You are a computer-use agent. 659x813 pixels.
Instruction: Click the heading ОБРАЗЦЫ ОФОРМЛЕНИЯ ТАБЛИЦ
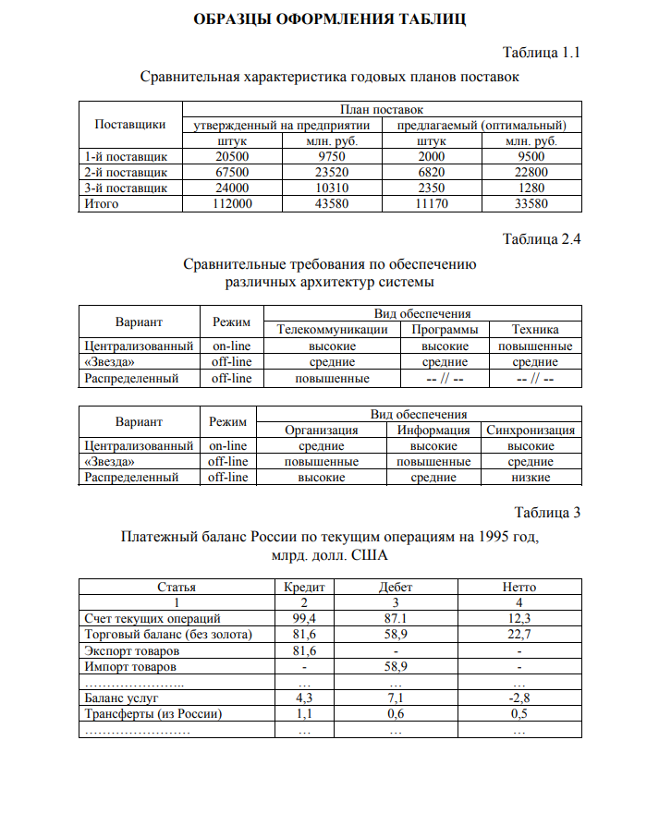tap(330, 18)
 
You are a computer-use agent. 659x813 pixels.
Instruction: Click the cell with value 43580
tap(332, 204)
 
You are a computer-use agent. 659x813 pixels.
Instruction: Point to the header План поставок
tap(382, 109)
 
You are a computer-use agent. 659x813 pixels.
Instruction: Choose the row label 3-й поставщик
tap(126, 188)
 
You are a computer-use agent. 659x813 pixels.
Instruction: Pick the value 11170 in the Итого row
tap(432, 204)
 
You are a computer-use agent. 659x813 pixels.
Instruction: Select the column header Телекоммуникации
tap(333, 330)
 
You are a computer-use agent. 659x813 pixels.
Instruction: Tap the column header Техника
tap(535, 330)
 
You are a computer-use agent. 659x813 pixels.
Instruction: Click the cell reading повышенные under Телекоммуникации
tap(333, 378)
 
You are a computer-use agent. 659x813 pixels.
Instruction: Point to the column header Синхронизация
tap(531, 430)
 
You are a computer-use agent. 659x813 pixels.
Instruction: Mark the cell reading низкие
tap(531, 478)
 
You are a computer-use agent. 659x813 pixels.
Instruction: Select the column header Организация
tap(322, 430)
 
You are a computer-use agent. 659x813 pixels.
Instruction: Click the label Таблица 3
tap(547, 512)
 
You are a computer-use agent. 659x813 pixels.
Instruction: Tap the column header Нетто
tap(519, 587)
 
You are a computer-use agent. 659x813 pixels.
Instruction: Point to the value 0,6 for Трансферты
tap(396, 714)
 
